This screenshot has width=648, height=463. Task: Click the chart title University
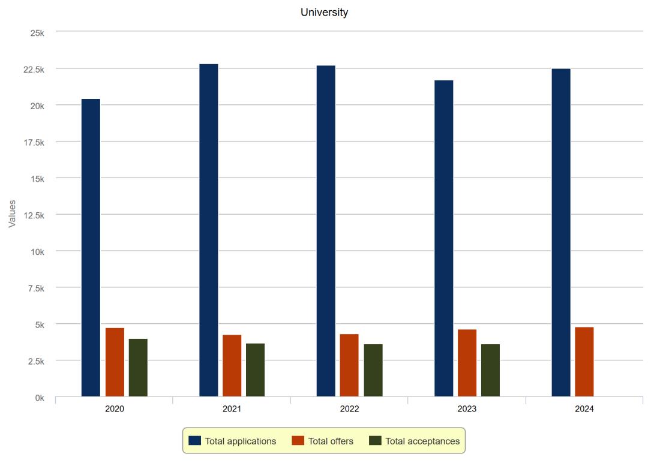tap(324, 12)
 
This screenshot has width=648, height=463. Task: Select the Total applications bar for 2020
tap(91, 247)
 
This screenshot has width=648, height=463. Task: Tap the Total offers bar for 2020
tap(115, 362)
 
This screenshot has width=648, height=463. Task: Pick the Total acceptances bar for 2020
tap(138, 368)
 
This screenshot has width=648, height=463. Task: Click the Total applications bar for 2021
tap(209, 230)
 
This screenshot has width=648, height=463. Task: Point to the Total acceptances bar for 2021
tap(255, 370)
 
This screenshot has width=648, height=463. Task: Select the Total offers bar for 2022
tap(349, 365)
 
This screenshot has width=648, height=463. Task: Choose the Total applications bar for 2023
tap(444, 238)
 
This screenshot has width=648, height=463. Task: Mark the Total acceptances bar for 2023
tap(490, 370)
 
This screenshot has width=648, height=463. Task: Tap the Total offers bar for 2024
tap(584, 362)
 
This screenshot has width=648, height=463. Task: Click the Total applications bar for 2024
tap(561, 232)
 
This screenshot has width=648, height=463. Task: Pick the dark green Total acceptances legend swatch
tap(375, 441)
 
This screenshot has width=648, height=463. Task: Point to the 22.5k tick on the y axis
tap(34, 70)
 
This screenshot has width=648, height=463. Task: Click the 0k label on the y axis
tap(39, 397)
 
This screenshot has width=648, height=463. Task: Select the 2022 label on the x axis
tap(349, 409)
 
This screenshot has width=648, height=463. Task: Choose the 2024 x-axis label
tap(584, 409)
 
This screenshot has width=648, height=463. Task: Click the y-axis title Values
tap(12, 214)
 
